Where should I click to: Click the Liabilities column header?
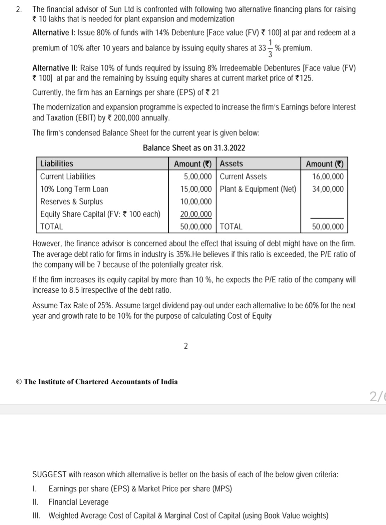click(57, 164)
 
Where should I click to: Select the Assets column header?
click(231, 164)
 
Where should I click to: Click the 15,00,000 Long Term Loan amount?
click(196, 189)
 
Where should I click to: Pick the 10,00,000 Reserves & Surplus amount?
click(196, 201)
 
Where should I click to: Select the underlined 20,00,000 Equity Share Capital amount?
click(196, 214)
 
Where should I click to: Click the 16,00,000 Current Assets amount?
click(328, 176)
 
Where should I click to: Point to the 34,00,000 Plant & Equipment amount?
click(328, 189)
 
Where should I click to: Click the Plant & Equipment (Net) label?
click(258, 189)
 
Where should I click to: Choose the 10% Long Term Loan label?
click(74, 189)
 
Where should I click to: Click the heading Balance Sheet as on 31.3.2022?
click(194, 148)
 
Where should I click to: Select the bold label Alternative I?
click(54, 33)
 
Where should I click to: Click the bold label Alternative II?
click(55, 68)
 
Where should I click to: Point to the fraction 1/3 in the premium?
click(270, 48)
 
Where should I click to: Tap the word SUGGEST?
click(49, 475)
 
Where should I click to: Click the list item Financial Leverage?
click(78, 502)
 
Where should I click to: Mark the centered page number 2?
click(185, 346)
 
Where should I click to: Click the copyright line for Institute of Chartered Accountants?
click(97, 381)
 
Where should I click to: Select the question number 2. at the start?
click(19, 9)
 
